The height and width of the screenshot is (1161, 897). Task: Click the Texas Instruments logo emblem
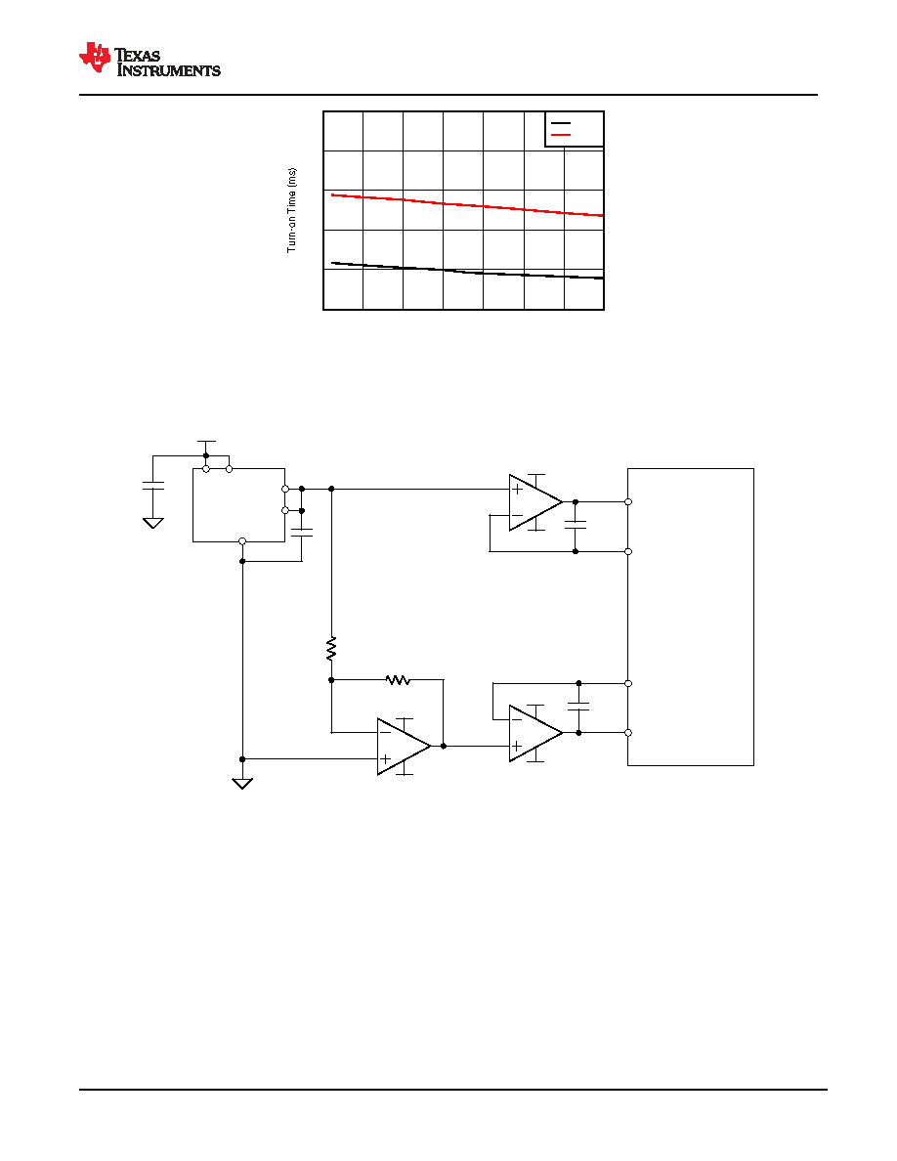point(94,58)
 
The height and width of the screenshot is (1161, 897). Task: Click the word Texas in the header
point(138,56)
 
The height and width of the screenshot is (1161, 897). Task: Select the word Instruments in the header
point(169,70)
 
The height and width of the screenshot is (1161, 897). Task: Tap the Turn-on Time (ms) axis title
point(291,210)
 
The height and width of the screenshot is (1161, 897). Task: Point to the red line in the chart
point(467,205)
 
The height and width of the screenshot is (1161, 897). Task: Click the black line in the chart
point(467,271)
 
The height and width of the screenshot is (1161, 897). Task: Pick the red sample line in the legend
point(561,135)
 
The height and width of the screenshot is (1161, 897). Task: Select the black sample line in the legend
point(561,124)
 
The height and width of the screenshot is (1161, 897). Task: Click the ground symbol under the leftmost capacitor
point(153,523)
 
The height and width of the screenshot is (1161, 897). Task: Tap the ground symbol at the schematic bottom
point(242,784)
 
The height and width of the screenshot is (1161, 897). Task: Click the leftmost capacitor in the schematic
point(153,486)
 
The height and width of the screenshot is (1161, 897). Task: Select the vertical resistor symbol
point(331,648)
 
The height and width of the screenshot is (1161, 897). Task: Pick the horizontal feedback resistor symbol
point(398,679)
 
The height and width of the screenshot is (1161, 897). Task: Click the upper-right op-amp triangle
point(535,502)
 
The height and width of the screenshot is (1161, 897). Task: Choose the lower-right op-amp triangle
point(535,733)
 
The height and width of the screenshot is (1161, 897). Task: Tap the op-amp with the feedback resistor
point(405,747)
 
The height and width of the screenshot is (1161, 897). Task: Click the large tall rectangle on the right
point(691,617)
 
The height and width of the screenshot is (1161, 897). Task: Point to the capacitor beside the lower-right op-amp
point(578,708)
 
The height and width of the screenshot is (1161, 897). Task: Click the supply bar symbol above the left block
point(206,442)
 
